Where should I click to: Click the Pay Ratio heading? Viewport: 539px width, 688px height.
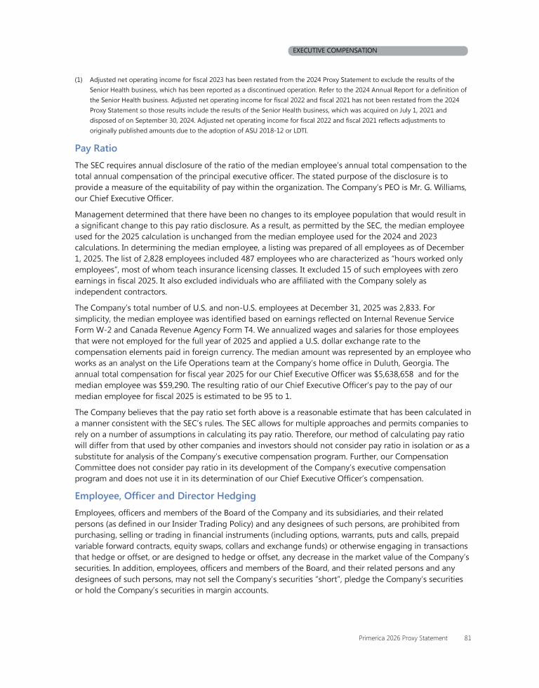click(x=96, y=148)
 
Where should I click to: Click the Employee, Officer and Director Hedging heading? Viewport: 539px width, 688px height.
click(x=165, y=496)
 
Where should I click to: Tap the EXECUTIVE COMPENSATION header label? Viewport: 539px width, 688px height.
click(x=335, y=50)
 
